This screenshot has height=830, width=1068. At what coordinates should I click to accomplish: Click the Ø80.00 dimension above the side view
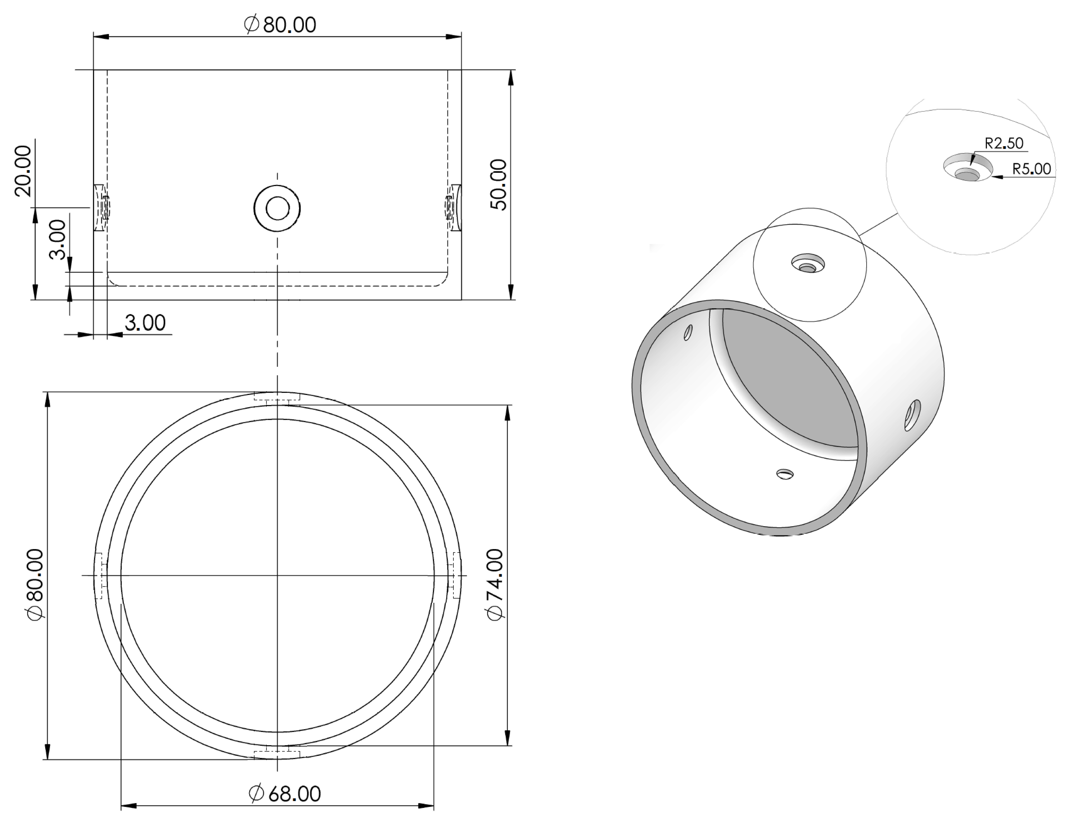280,24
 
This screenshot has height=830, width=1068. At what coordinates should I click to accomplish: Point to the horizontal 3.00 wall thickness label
145,323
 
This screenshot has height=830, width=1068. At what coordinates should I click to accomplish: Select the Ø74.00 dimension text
495,584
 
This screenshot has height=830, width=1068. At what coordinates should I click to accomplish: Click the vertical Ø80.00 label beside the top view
36,584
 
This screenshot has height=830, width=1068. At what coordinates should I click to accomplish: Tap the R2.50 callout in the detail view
1003,144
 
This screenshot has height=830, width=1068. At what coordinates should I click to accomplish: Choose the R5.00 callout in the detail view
1031,169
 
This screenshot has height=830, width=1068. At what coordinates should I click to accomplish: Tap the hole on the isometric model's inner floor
785,474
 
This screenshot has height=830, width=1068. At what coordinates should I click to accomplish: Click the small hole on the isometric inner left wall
688,332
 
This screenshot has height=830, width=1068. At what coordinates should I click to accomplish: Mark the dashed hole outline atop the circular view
277,399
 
